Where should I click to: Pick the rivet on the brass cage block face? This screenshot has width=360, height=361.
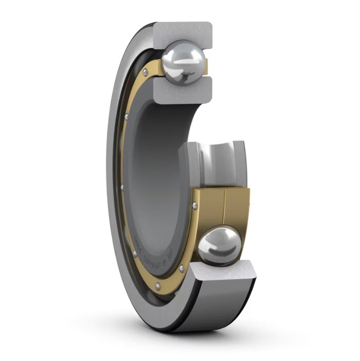(x=195, y=206)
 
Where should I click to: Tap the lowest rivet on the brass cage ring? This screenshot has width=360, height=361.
(x=158, y=284)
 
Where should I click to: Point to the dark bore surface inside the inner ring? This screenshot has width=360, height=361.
(x=154, y=170)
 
